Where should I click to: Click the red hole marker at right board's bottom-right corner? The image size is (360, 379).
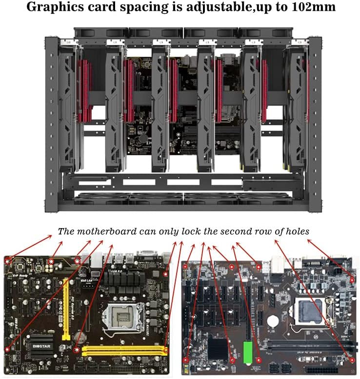click(x=352, y=360)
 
